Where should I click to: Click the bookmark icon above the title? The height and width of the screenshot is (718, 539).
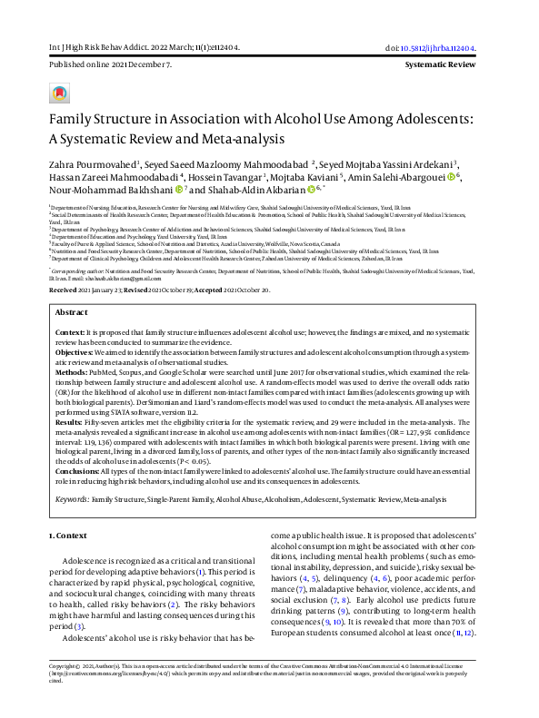[59, 93]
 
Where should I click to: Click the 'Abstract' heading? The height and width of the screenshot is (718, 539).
[72, 310]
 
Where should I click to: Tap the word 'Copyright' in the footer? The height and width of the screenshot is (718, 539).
[66, 690]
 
